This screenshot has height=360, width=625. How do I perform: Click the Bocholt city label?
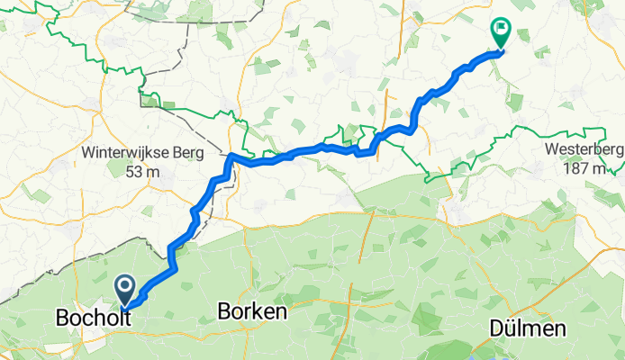tap(90, 319)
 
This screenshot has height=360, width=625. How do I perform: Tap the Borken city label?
tap(252, 312)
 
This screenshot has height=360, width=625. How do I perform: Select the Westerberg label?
tap(584, 149)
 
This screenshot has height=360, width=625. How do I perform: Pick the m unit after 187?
tap(605, 169)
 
